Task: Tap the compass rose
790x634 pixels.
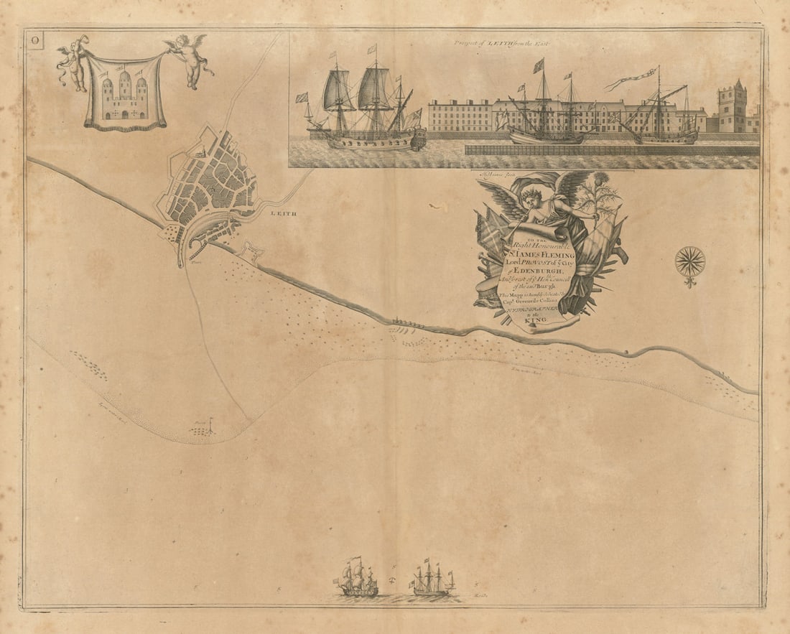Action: [x=690, y=262]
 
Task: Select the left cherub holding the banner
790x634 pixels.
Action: [x=73, y=62]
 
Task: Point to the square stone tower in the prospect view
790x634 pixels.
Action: [x=732, y=108]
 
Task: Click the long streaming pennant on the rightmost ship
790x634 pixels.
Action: [x=632, y=80]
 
